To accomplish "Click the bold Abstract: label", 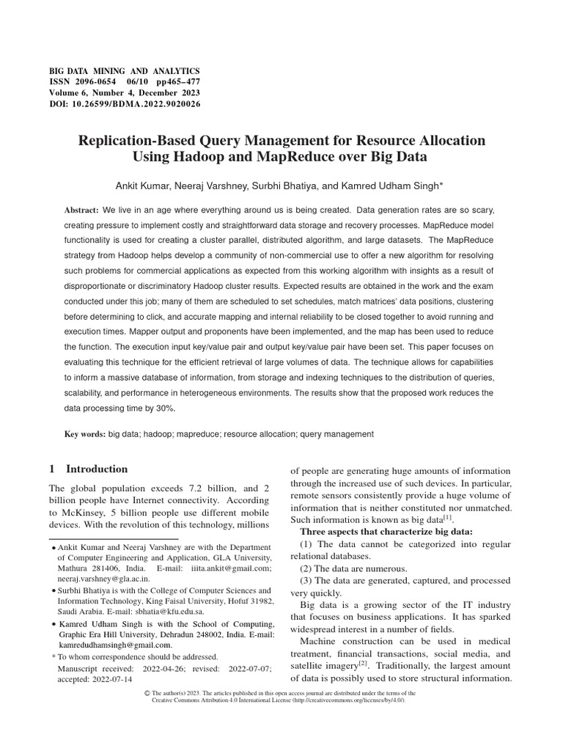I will tap(82, 210).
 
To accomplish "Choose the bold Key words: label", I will tap(84, 434).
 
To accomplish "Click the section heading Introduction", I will tap(97, 469).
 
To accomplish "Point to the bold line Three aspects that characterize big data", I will tap(386, 531).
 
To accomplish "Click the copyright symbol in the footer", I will tap(147, 693).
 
